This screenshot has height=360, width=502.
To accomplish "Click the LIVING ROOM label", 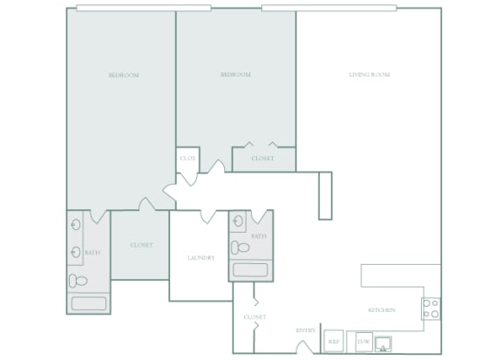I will [x=369, y=75].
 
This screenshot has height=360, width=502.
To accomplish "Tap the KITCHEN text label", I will [x=382, y=310].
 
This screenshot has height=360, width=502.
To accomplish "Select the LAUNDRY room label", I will [x=200, y=258].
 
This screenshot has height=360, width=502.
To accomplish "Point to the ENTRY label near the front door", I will [x=305, y=330].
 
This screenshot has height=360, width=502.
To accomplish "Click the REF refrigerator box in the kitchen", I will [x=333, y=342].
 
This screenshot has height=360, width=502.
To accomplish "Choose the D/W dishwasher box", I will [x=362, y=342].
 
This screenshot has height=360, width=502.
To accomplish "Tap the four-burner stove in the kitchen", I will [x=431, y=309].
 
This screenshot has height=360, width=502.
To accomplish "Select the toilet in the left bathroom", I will [x=78, y=282].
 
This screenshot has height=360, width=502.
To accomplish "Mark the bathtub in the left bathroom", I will [x=88, y=303].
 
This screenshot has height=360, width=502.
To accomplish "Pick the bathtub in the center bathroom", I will [x=250, y=270].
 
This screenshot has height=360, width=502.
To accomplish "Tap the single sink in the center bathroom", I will [x=238, y=223].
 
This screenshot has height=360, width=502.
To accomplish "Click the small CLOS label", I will [x=187, y=159].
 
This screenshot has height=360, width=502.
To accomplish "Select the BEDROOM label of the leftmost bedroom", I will [x=124, y=75].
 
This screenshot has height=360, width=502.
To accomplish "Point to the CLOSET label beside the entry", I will [x=254, y=316].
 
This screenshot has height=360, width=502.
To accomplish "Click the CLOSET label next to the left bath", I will [x=141, y=246].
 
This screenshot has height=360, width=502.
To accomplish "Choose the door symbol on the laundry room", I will [x=208, y=215].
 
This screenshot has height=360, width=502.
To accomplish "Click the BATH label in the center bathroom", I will [x=258, y=236].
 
